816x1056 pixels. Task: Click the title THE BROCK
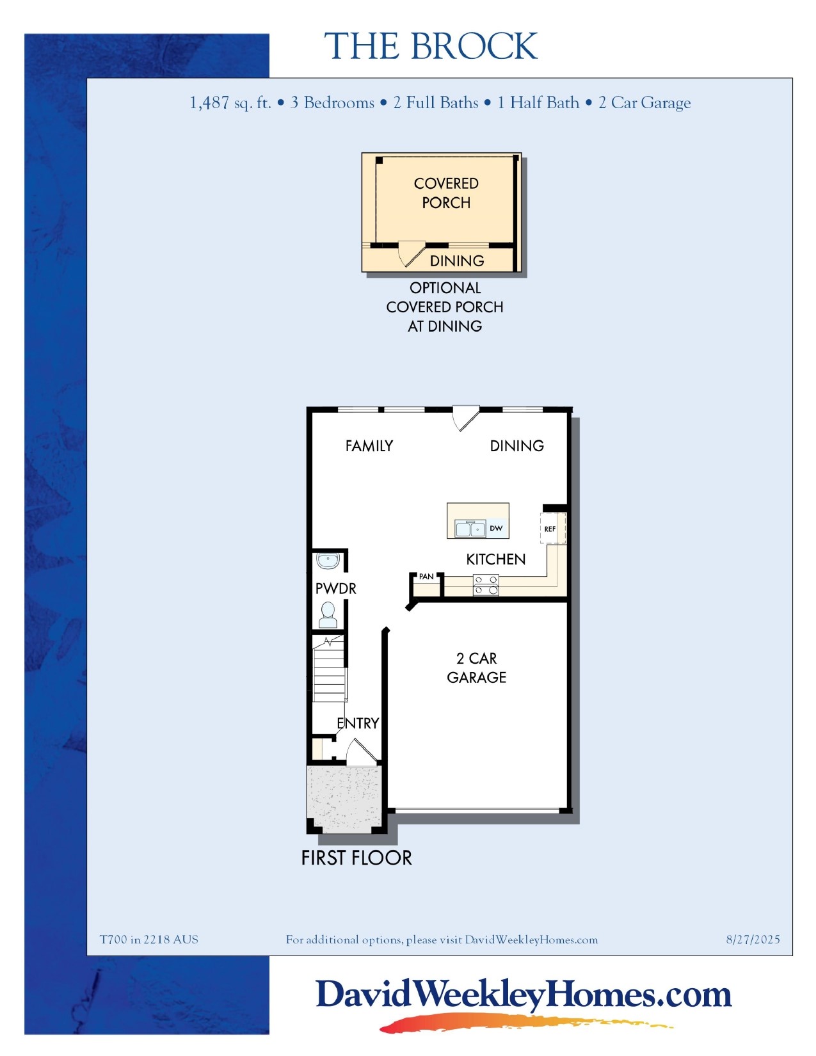431,47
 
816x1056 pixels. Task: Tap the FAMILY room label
369,446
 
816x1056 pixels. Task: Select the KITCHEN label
495,559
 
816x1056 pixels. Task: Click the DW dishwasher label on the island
496,529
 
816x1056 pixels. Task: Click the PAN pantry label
426,577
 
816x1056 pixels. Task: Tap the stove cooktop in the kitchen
485,585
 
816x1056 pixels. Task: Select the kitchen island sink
470,529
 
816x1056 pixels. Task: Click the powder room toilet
328,615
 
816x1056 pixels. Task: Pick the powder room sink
328,561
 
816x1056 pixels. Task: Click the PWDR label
335,589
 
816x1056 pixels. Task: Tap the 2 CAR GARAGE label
477,668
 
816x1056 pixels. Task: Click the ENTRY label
358,723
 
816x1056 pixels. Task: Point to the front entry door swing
360,751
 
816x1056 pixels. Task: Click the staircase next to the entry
329,672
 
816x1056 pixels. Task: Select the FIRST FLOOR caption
356,858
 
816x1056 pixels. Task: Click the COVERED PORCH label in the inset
446,193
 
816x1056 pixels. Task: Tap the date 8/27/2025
753,940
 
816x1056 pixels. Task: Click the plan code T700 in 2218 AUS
149,940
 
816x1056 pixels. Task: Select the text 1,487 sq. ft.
230,103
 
